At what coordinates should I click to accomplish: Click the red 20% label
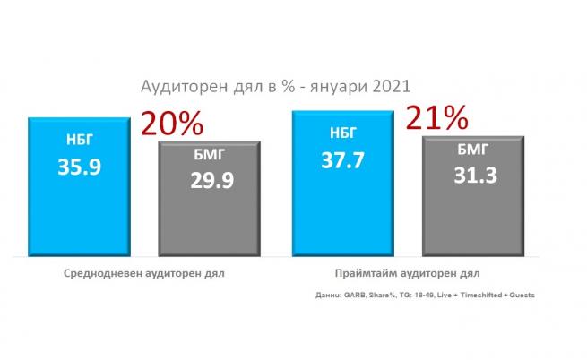click(x=172, y=122)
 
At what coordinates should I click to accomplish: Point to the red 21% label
click(x=436, y=117)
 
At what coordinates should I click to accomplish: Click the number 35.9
click(x=80, y=167)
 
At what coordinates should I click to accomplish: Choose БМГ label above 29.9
click(x=210, y=156)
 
